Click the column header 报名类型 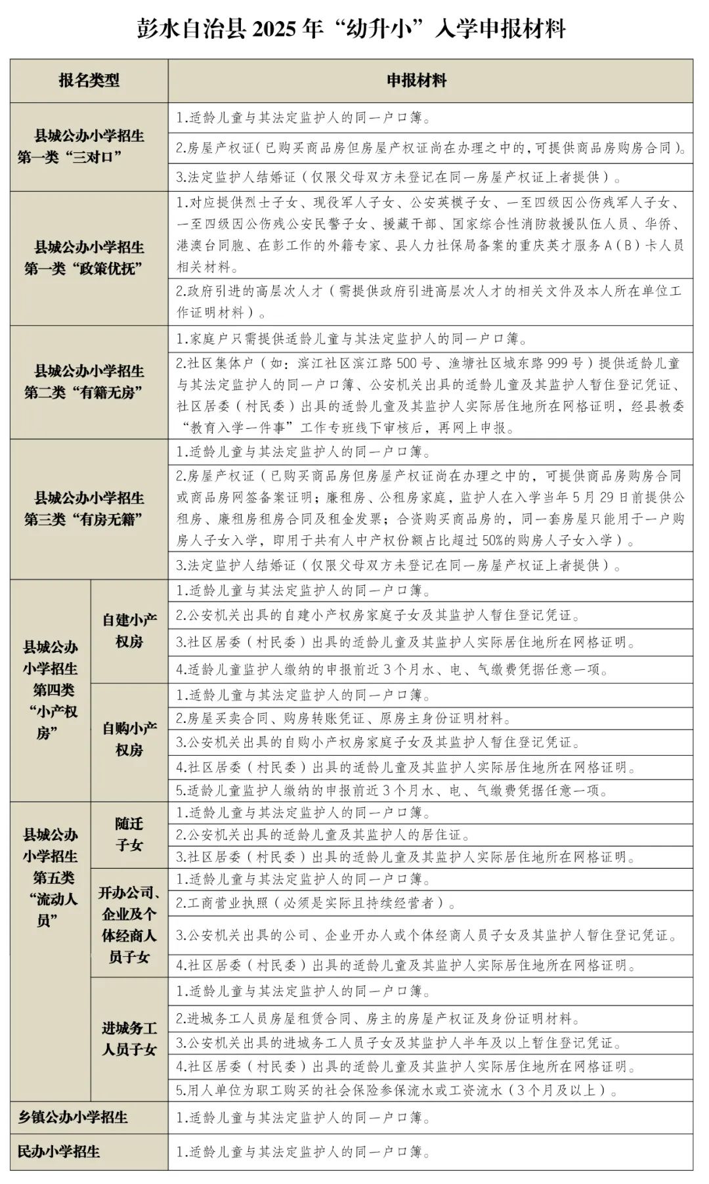tap(89, 81)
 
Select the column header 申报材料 tap(416, 81)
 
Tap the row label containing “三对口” tap(89, 146)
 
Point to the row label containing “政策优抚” tap(89, 258)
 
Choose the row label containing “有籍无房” tap(89, 382)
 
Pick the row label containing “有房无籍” tap(89, 508)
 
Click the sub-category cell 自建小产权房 tap(129, 630)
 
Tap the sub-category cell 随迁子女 tap(129, 834)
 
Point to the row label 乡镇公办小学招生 tap(74, 1116)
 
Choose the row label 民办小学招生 tap(59, 1151)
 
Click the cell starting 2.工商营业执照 tap(315, 902)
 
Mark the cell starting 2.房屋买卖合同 tap(341, 718)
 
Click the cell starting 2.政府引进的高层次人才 tap(429, 300)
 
